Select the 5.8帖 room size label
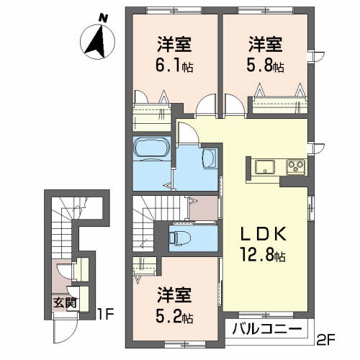[266, 65]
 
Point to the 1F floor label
[105, 314]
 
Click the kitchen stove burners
[295, 167]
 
